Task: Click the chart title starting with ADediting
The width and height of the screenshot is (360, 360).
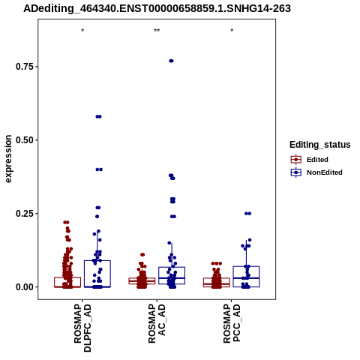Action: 157,8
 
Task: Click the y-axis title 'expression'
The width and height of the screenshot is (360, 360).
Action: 8,159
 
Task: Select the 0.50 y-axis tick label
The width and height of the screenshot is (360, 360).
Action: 25,140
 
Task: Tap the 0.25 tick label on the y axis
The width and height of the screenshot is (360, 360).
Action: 25,214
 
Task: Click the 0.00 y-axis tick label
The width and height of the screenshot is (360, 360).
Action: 25,287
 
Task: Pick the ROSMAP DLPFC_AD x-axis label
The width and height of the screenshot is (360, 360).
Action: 82,328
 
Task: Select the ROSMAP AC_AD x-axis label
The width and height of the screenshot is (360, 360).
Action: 157,323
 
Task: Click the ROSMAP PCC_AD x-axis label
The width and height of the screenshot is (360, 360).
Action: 232,323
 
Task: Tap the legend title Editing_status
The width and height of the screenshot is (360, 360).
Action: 320,145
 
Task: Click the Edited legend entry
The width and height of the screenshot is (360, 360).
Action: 310,160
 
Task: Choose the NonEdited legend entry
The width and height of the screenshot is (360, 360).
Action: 316,172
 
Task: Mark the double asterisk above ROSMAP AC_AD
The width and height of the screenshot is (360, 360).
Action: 157,31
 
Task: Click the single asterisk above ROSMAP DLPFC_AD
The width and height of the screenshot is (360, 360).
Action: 82,31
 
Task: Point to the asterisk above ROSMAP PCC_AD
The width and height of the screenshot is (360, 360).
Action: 232,31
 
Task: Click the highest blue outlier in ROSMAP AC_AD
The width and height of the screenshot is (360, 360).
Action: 171,61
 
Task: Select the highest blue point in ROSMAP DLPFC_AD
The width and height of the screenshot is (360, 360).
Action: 98,116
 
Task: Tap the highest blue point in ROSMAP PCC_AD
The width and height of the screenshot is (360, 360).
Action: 247,214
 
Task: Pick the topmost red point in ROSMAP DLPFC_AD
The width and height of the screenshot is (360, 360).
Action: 66,222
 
